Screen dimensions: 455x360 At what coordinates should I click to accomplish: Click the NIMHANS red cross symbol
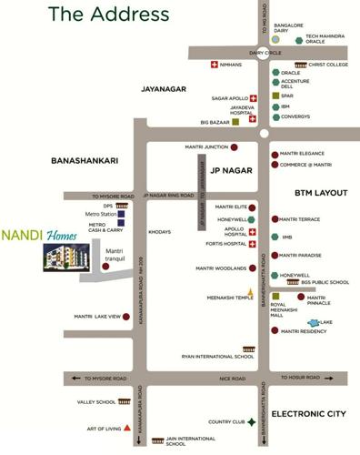pyautogui.click(x=214, y=65)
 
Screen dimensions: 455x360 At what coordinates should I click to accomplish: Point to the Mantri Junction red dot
pyautogui.click(x=235, y=147)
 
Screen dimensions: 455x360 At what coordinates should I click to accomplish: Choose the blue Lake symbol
pyautogui.click(x=315, y=323)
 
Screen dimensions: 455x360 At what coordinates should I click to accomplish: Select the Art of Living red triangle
pyautogui.click(x=128, y=427)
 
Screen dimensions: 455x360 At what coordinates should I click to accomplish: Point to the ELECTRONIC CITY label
pyautogui.click(x=309, y=414)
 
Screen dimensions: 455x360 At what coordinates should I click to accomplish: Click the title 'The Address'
pyautogui.click(x=108, y=14)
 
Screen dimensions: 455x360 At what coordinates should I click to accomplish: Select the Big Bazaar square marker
pyautogui.click(x=235, y=121)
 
